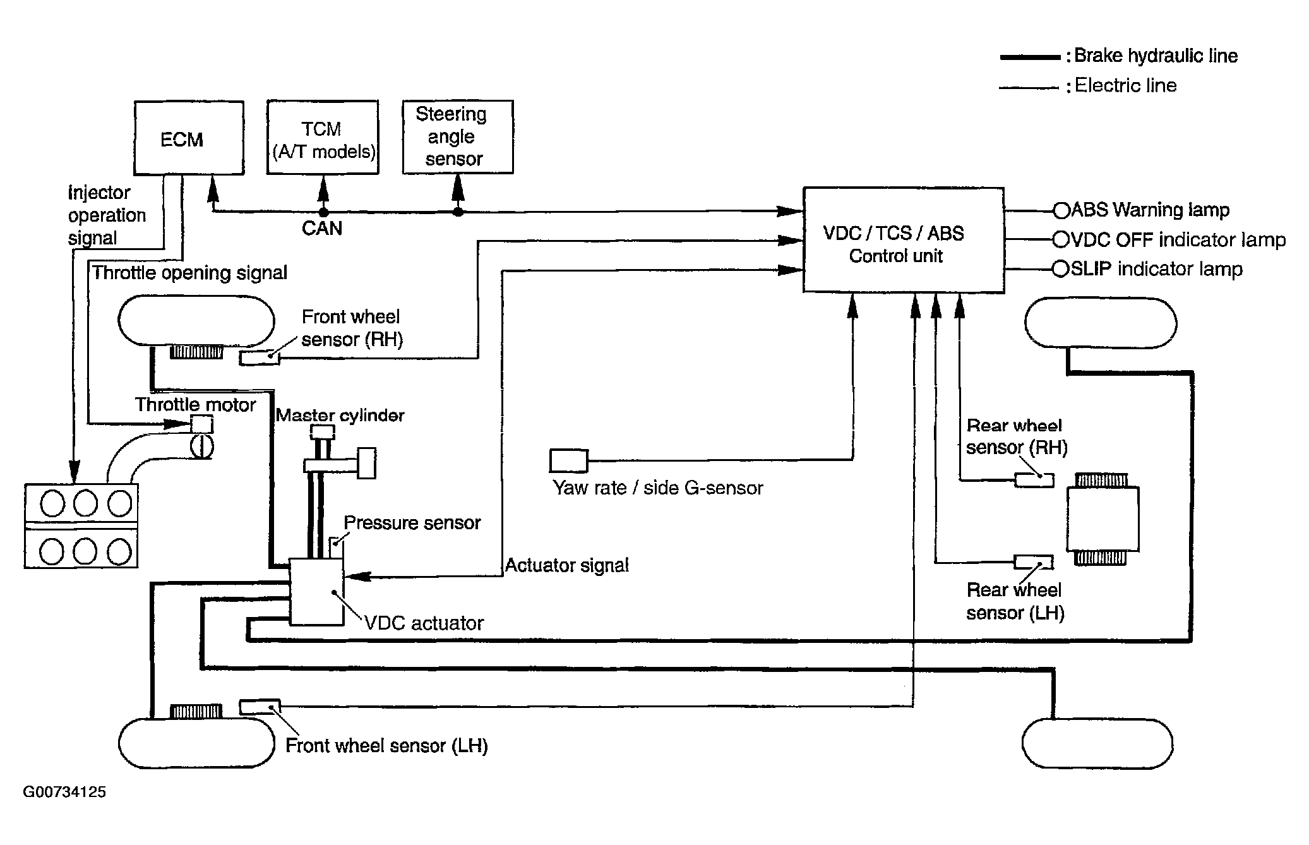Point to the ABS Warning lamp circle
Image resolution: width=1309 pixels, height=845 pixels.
[x=1061, y=210]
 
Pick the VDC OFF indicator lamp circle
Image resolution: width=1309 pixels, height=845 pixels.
[x=1061, y=240]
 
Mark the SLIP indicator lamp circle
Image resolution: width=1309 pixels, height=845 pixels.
[x=1061, y=270]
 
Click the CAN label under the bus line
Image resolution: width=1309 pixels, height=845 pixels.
[x=322, y=228]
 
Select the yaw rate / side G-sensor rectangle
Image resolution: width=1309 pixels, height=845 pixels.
[x=569, y=460]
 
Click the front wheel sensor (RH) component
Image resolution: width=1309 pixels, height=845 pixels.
[x=260, y=358]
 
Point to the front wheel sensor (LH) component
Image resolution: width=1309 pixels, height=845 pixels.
[x=260, y=707]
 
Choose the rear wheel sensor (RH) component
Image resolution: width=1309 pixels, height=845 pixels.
[x=1034, y=480]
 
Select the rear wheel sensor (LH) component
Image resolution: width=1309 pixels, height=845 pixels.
[x=1034, y=561]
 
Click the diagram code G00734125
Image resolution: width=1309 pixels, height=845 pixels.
[x=64, y=792]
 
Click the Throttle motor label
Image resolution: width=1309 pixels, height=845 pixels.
[x=196, y=405]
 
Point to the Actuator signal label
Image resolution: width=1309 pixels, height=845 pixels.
[x=567, y=565]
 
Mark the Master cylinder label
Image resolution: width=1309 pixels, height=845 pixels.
[x=340, y=416]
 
